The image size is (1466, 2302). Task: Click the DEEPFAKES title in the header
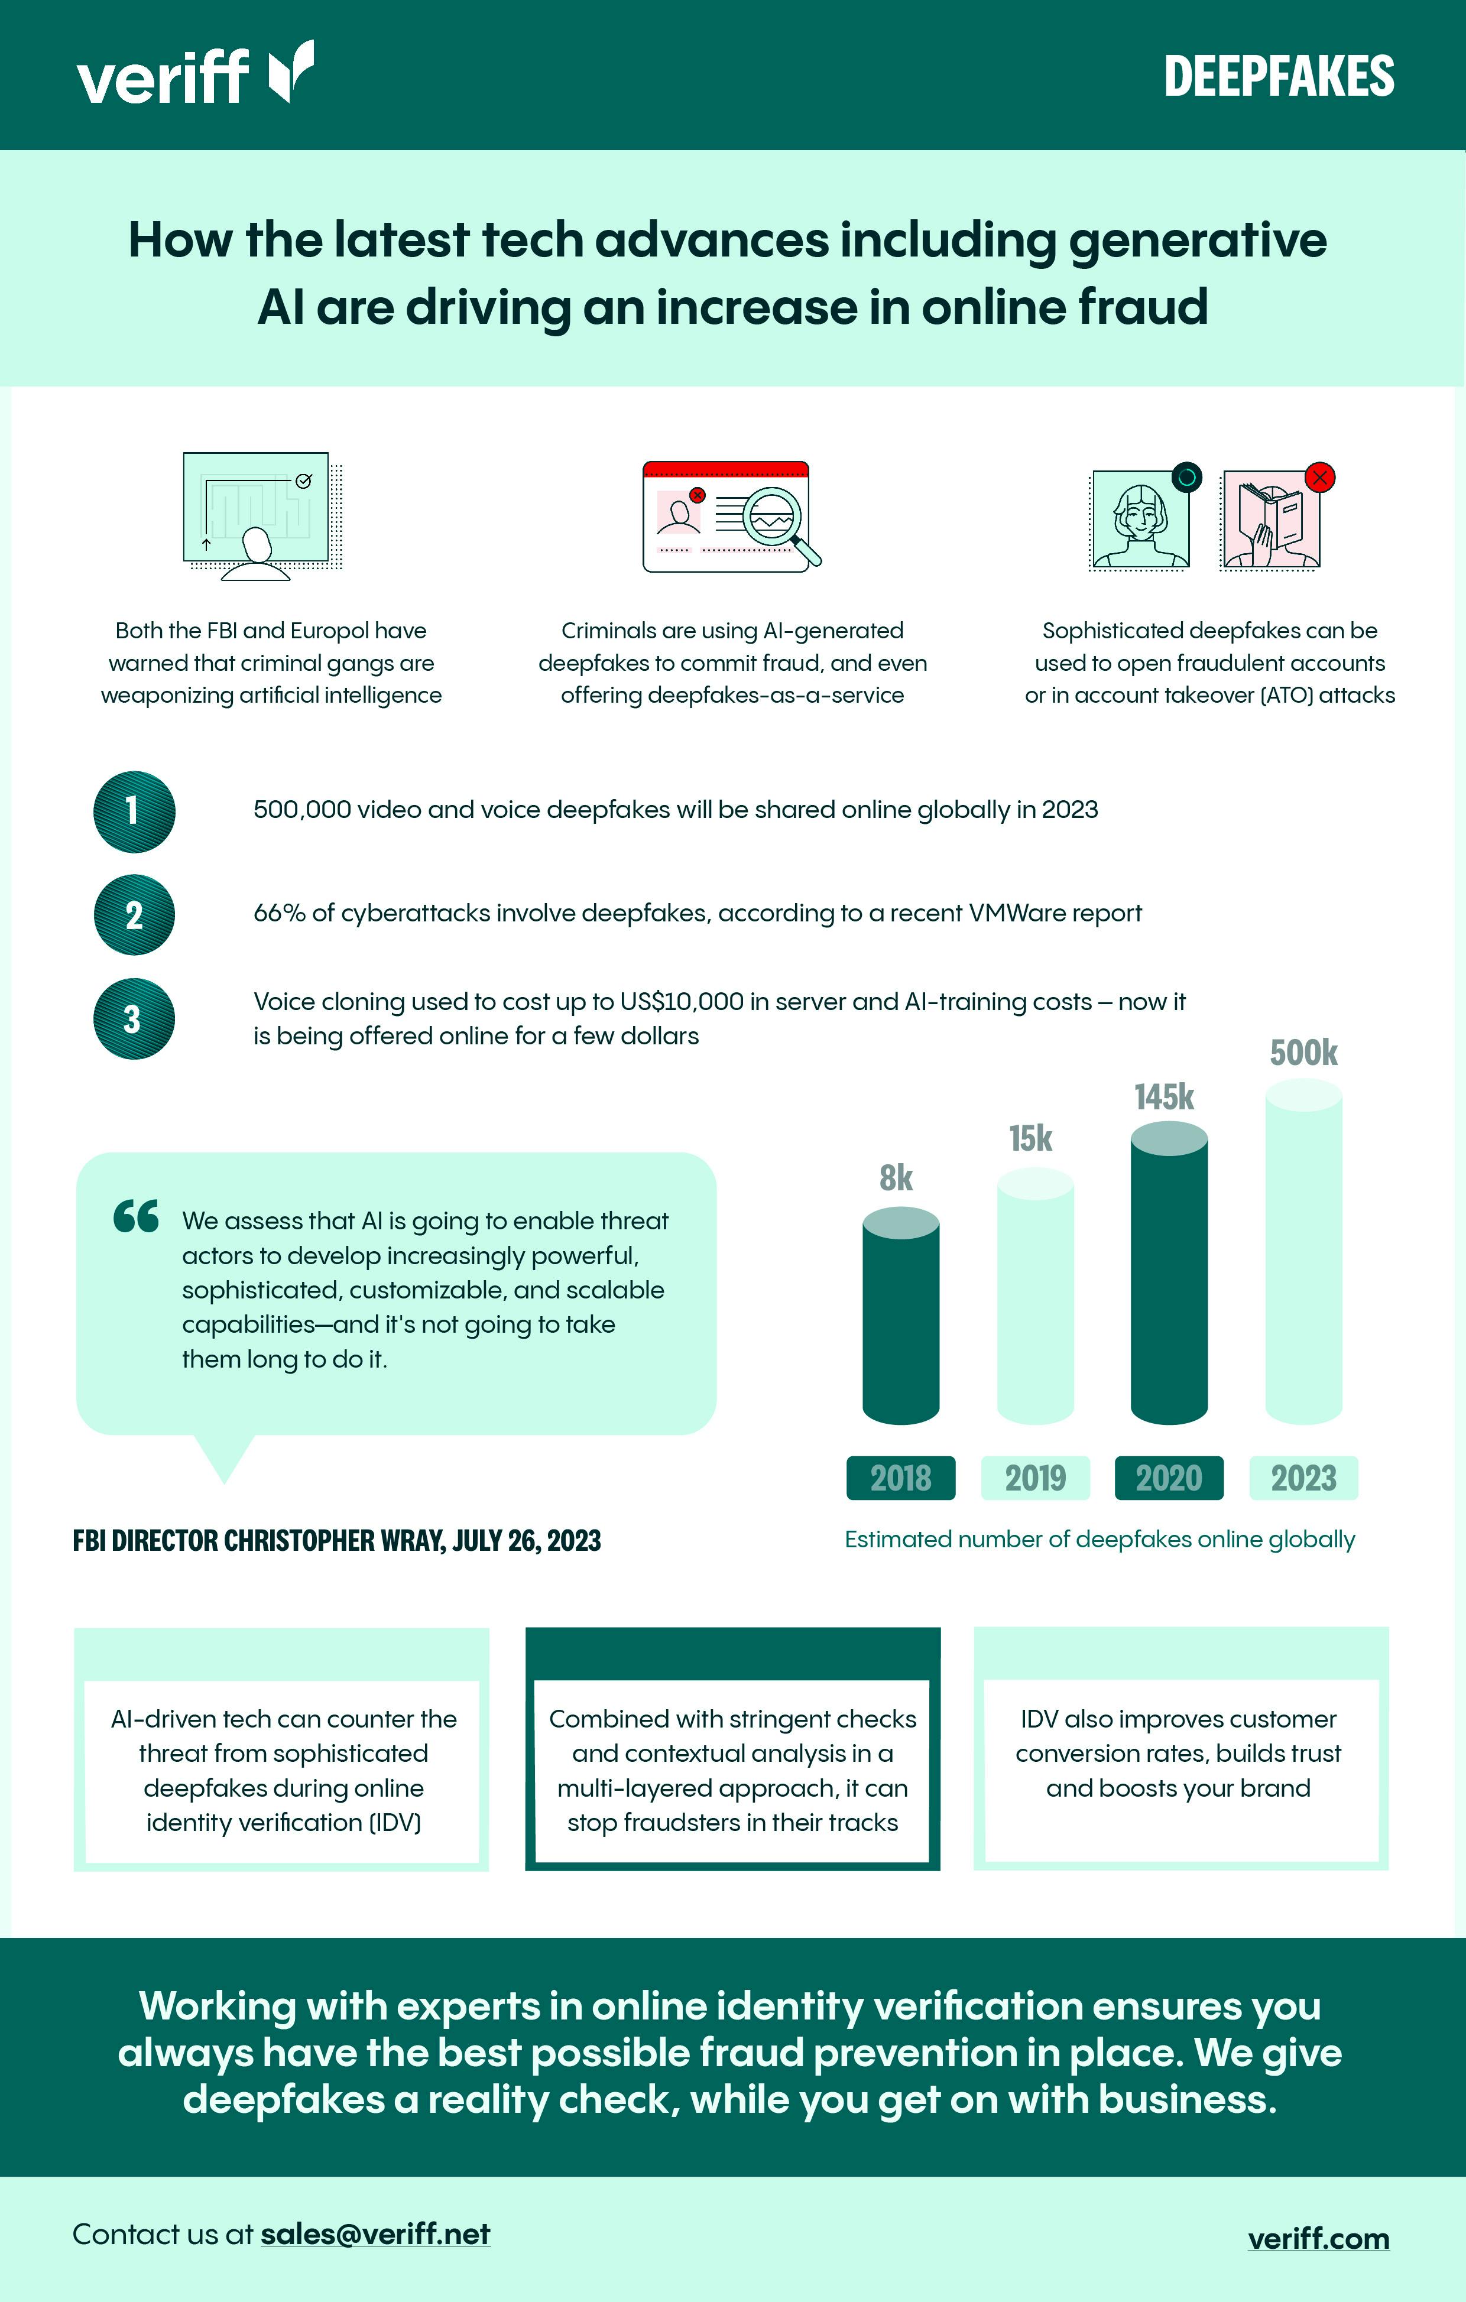point(1279,76)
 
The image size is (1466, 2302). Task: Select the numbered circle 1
point(134,811)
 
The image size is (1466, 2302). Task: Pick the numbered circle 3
point(134,1018)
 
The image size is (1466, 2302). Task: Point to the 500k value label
point(1303,1053)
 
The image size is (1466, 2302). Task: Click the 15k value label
point(1031,1138)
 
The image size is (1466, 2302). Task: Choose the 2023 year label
point(1303,1478)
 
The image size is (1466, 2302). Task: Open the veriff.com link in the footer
point(1319,2239)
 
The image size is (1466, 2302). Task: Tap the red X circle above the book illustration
point(1321,477)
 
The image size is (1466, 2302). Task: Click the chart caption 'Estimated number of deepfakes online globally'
point(1099,1539)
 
